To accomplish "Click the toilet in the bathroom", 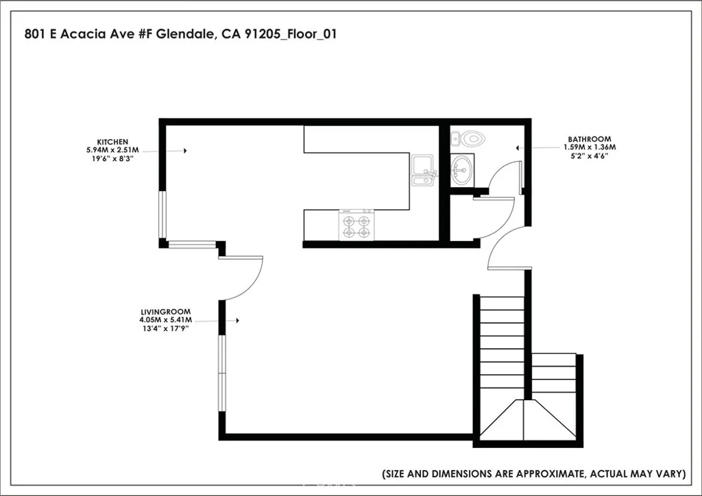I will click(470, 139).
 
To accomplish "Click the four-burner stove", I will click(357, 225).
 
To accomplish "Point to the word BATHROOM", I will click(589, 139).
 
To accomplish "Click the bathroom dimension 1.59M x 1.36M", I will click(589, 147).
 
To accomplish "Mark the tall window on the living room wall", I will click(222, 373).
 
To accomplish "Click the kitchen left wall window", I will click(162, 214).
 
